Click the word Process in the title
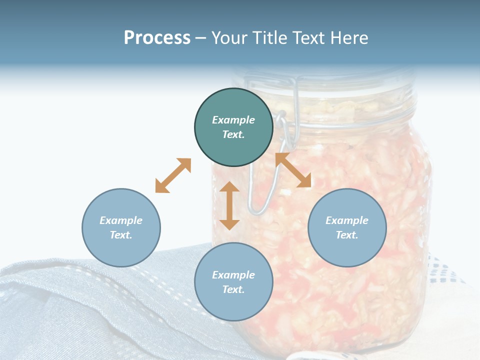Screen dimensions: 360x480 (x=157, y=38)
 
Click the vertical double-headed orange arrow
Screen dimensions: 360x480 (x=229, y=205)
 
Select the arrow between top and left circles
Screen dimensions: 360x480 (x=173, y=175)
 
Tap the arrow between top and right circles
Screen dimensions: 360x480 (x=293, y=170)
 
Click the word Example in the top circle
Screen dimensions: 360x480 (x=233, y=120)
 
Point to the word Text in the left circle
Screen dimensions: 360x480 (x=120, y=235)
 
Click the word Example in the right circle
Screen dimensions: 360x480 (x=347, y=220)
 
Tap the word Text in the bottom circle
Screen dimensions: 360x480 (x=233, y=289)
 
